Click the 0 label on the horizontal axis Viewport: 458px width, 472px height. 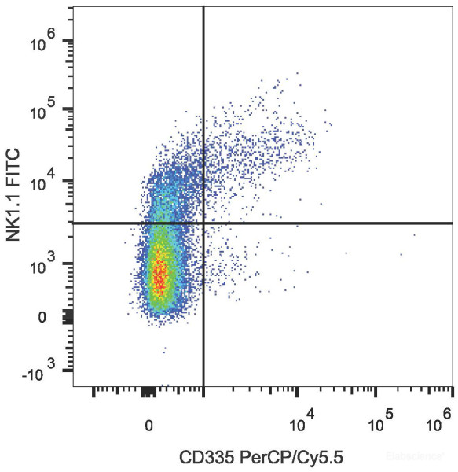[148, 426]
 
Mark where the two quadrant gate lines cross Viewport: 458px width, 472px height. [203, 223]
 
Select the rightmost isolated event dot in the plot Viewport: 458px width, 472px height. [414, 234]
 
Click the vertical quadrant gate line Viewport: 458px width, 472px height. [203, 118]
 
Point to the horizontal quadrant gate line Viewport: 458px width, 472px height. [330, 223]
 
